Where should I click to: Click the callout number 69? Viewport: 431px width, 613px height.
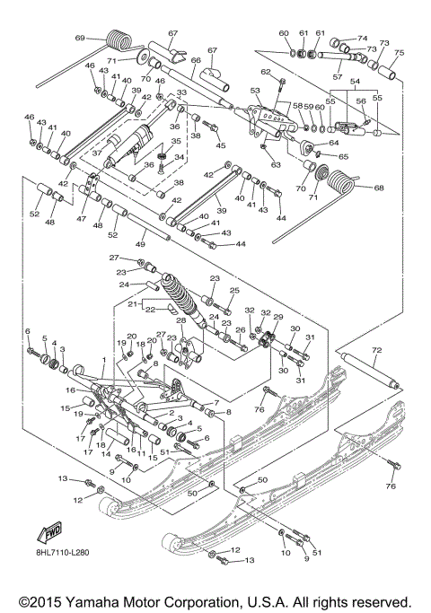pos(79,38)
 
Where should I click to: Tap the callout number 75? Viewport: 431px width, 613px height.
pos(400,53)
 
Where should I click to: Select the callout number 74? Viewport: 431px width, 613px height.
pos(363,39)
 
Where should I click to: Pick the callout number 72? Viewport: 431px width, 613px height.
pos(377,348)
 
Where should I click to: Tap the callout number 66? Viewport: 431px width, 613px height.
pos(193,61)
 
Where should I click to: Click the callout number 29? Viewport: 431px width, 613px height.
pos(278,319)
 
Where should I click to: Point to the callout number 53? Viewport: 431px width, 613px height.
pos(255,91)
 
